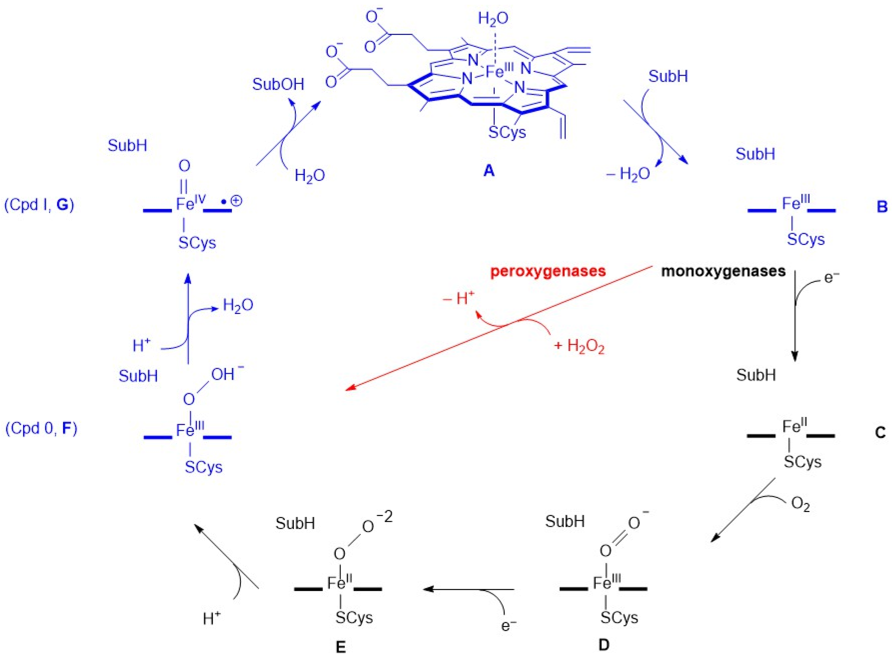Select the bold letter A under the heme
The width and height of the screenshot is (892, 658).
[x=489, y=171]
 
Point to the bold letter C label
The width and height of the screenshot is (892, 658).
[x=880, y=432]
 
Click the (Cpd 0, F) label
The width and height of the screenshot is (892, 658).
[x=41, y=428]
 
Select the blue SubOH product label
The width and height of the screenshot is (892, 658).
[x=278, y=85]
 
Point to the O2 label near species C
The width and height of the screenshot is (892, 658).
[x=800, y=505]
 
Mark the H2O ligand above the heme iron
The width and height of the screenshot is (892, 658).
[x=493, y=19]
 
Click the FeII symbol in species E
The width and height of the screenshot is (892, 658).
[x=339, y=583]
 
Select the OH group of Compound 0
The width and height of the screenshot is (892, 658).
[x=224, y=374]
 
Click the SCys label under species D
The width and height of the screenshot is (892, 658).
[x=619, y=618]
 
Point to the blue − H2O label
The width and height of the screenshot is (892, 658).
[x=628, y=174]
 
